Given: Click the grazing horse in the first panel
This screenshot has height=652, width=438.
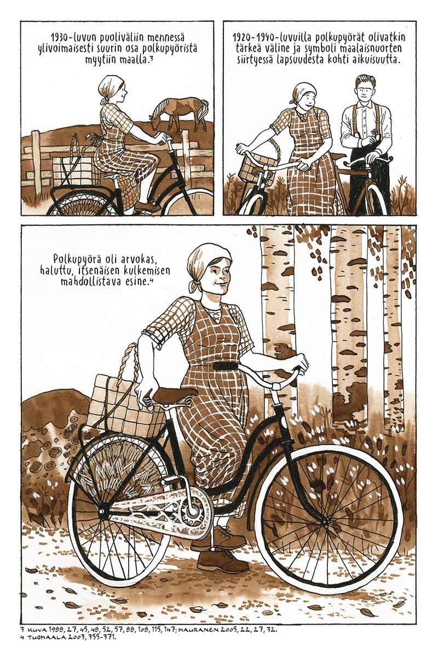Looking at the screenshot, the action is [180, 111].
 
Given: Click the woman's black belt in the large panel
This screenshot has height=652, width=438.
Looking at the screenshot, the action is [228, 366].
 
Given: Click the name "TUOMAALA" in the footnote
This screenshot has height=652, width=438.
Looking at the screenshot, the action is [44, 637].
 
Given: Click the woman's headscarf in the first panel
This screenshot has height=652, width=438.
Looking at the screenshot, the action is [109, 89].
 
